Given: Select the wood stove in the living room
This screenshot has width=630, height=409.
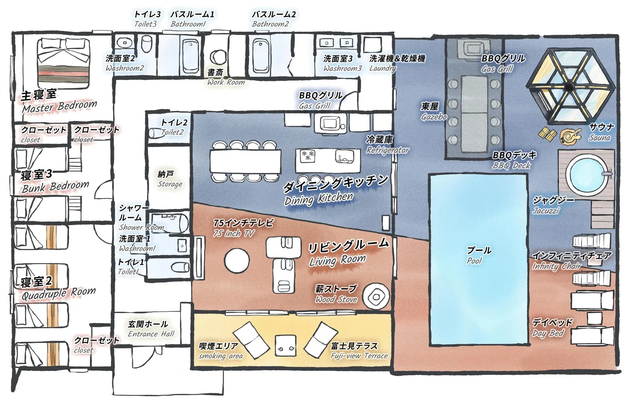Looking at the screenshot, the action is (x=376, y=296).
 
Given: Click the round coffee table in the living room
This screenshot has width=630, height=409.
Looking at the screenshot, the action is (x=237, y=261).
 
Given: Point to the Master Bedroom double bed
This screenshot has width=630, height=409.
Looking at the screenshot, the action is (x=64, y=63).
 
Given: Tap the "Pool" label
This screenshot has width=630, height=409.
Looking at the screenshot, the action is (x=474, y=261).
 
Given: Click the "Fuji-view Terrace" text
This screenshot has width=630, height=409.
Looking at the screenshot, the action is (x=359, y=356).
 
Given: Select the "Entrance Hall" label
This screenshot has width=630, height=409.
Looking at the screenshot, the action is (x=151, y=334).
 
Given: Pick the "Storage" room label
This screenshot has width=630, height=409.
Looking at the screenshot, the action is (x=170, y=184).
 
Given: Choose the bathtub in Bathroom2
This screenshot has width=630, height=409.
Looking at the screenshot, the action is (x=261, y=55).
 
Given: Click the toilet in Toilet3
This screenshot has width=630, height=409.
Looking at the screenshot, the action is (x=147, y=44).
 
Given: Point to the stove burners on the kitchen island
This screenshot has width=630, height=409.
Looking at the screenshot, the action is (x=308, y=156).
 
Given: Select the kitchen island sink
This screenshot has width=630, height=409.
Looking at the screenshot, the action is (x=345, y=156).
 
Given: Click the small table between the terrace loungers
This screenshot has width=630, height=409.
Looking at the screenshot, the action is (x=285, y=346).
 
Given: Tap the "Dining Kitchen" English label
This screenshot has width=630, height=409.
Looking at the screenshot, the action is (x=319, y=198).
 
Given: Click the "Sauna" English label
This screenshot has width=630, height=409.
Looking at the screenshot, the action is (x=600, y=138).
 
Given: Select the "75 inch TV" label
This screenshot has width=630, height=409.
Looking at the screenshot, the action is (x=234, y=234).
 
